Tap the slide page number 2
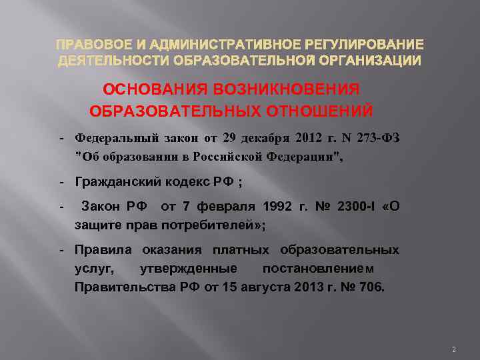click(x=453, y=349)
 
